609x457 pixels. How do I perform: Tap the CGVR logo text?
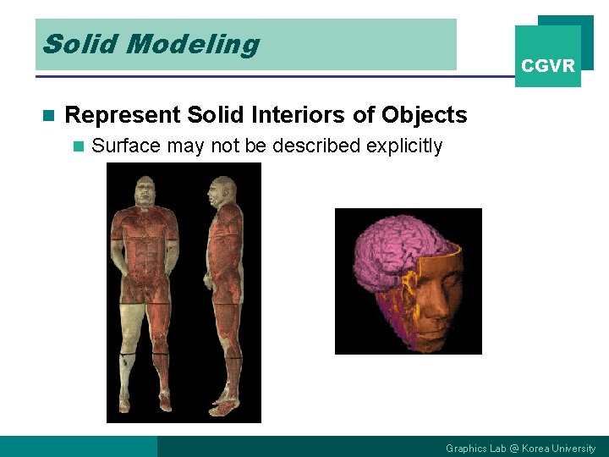[x=548, y=66]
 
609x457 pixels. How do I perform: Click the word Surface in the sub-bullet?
[x=126, y=146]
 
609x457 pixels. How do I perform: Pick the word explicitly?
[x=404, y=146]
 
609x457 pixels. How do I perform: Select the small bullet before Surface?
[x=79, y=146]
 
